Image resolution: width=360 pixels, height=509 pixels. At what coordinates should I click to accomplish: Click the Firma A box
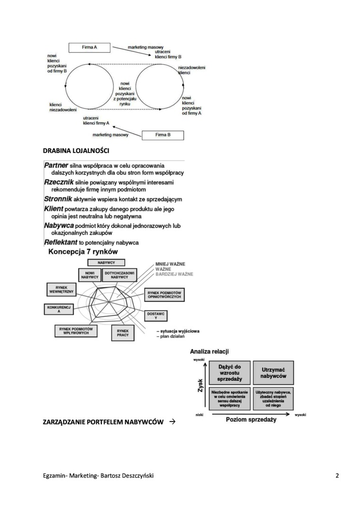[89, 47]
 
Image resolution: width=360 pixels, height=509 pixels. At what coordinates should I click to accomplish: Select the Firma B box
[162, 135]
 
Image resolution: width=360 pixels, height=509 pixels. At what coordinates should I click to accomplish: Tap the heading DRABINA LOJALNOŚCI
[76, 151]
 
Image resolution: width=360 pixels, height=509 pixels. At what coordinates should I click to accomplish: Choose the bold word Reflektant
[61, 242]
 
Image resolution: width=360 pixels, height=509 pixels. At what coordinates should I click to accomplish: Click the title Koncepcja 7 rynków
[83, 252]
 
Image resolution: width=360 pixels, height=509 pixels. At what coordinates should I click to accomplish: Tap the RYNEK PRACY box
[123, 333]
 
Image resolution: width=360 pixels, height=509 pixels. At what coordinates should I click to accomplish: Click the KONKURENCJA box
[59, 310]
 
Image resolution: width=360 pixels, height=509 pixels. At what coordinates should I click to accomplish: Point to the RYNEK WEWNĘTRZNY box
[62, 290]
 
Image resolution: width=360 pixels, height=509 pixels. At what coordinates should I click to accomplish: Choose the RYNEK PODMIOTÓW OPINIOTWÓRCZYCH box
[164, 295]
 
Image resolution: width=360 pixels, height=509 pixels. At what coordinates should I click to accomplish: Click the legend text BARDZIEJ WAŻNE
[173, 274]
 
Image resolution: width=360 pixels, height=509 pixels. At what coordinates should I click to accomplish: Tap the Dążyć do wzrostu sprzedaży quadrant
[230, 373]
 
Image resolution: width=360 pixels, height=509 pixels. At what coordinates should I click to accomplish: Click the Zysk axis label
[200, 384]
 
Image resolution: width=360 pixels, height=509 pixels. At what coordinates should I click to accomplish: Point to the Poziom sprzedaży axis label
[251, 420]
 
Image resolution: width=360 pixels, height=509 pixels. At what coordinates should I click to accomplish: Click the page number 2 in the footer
[337, 476]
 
